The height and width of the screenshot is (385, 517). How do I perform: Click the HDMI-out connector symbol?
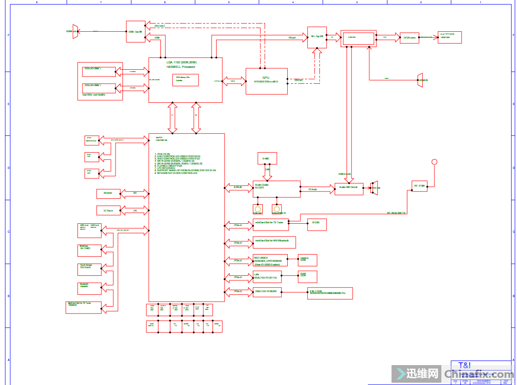click(x=75, y=31)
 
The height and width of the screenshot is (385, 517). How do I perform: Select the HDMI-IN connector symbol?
click(x=420, y=80)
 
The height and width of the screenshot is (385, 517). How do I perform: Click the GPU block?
click(x=266, y=81)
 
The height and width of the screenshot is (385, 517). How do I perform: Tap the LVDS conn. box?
click(x=409, y=38)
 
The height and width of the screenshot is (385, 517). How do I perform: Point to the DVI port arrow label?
click(x=292, y=38)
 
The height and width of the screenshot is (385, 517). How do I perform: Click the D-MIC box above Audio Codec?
click(x=266, y=159)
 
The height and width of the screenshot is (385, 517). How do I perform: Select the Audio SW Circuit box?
click(x=348, y=189)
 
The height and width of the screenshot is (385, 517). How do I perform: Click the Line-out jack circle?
click(x=258, y=209)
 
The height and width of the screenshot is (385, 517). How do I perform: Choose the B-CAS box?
click(x=316, y=222)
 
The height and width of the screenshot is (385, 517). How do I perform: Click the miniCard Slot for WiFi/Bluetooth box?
click(x=274, y=242)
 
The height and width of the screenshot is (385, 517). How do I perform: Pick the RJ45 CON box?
click(x=307, y=276)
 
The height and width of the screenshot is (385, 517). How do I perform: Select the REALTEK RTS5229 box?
click(x=267, y=291)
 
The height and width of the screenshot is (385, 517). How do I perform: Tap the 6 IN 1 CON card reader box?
click(x=329, y=293)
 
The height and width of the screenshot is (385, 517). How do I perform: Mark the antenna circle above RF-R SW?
click(x=434, y=162)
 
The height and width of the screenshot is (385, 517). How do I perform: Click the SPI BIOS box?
click(x=108, y=193)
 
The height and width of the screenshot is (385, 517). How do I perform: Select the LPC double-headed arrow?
click(x=135, y=211)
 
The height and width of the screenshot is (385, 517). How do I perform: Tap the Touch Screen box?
click(x=89, y=269)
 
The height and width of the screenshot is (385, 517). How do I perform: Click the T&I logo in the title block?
click(x=464, y=365)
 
